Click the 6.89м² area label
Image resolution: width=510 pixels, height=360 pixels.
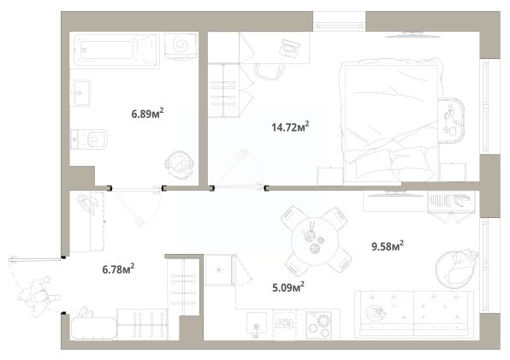[x=147, y=114]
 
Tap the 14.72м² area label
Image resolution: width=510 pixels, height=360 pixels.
[x=290, y=127]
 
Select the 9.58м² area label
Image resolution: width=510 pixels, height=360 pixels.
[x=388, y=246]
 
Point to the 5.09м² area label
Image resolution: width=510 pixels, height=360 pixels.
[x=288, y=287]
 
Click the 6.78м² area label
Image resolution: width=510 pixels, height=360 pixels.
[x=118, y=269]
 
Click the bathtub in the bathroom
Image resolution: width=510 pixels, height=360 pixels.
[x=116, y=50]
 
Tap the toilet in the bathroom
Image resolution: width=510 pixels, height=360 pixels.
[x=89, y=139]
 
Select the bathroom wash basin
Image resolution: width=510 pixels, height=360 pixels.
[x=80, y=93]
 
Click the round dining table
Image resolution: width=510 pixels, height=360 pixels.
[x=315, y=241]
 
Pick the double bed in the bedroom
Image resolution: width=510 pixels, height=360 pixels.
[x=390, y=121]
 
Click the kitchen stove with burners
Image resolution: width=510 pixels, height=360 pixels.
[x=319, y=325]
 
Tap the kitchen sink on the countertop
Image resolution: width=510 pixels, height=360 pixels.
[x=257, y=323]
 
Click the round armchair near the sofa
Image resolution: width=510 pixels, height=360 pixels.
[x=455, y=269]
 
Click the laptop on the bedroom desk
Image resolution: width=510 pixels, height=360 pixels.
[x=289, y=49]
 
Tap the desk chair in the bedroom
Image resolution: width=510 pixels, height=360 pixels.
[x=270, y=72]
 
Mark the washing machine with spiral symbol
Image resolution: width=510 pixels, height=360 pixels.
[x=181, y=46]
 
